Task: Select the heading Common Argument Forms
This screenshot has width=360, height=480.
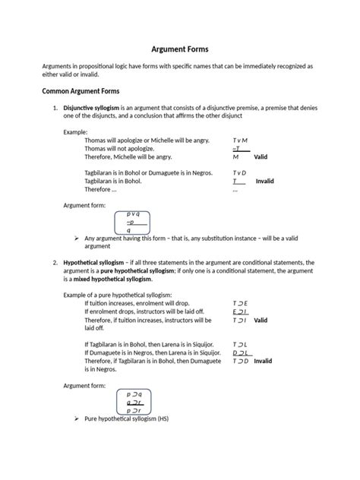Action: pyautogui.click(x=82, y=91)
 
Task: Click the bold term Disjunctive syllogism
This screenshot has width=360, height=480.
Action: pyautogui.click(x=90, y=107)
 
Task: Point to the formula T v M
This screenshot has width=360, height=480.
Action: pyautogui.click(x=240, y=141)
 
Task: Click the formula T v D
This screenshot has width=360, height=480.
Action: pyautogui.click(x=240, y=173)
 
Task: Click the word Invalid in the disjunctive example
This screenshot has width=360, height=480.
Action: pyautogui.click(x=264, y=182)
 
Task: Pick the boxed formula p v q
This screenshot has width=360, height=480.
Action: pyautogui.click(x=133, y=215)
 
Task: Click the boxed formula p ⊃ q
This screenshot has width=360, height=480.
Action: pyautogui.click(x=134, y=394)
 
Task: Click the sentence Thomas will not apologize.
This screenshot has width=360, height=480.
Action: pyautogui.click(x=119, y=149)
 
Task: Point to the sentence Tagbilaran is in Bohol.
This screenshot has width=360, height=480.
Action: pyautogui.click(x=118, y=182)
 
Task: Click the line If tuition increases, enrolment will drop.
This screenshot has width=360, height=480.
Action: pyautogui.click(x=137, y=303)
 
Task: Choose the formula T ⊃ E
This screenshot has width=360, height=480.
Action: pyautogui.click(x=240, y=303)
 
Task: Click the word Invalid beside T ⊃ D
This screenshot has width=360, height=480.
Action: pyautogui.click(x=263, y=362)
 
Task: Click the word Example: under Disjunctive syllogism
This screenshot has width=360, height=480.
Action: pyautogui.click(x=76, y=132)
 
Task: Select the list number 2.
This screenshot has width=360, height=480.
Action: pyautogui.click(x=55, y=261)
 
